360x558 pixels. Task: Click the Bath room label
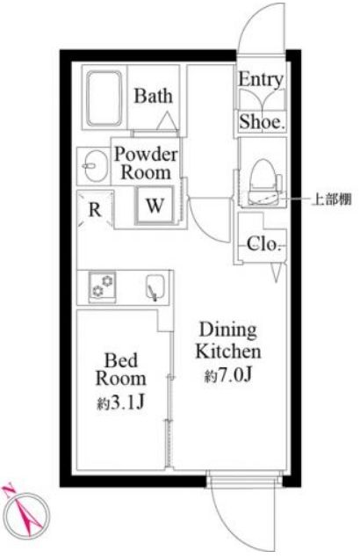click(x=154, y=97)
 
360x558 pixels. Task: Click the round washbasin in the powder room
click(x=91, y=163)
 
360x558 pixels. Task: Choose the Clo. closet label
click(x=260, y=245)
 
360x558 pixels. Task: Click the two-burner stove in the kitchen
click(x=105, y=285)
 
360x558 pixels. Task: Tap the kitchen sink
click(x=155, y=287)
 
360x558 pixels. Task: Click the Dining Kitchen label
click(x=228, y=341)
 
